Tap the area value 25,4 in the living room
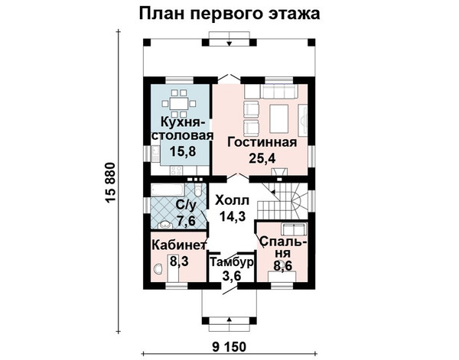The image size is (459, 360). click(261, 159)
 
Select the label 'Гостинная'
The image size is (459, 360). click(261, 142)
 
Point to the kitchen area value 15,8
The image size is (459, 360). click(177, 151)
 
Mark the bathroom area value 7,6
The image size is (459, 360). click(186, 221)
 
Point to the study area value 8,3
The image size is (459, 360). click(179, 262)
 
